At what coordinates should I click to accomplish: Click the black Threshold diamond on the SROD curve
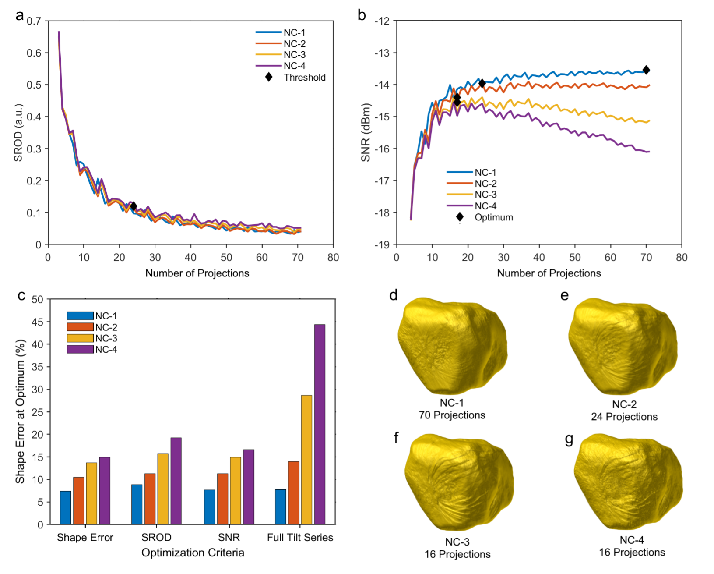point(134,206)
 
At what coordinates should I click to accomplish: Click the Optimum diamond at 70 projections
point(646,70)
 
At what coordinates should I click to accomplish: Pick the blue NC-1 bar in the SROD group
point(137,504)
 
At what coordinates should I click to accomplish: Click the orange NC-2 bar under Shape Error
point(79,500)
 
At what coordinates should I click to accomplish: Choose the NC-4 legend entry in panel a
point(294,66)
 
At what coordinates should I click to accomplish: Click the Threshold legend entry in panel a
point(304,78)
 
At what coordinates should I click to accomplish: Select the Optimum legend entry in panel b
point(493,217)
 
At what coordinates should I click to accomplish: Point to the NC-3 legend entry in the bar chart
point(106,338)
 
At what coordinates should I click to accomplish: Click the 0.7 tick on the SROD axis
point(34,21)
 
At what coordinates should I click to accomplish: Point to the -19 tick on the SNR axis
point(382,244)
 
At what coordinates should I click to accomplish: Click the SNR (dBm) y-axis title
point(366,132)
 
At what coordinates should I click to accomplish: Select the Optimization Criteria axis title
point(193,553)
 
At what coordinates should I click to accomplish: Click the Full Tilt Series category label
point(300,537)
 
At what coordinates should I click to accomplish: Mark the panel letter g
point(569,439)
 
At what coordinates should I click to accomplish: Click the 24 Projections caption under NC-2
point(624,417)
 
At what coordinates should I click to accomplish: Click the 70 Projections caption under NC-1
point(452,415)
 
